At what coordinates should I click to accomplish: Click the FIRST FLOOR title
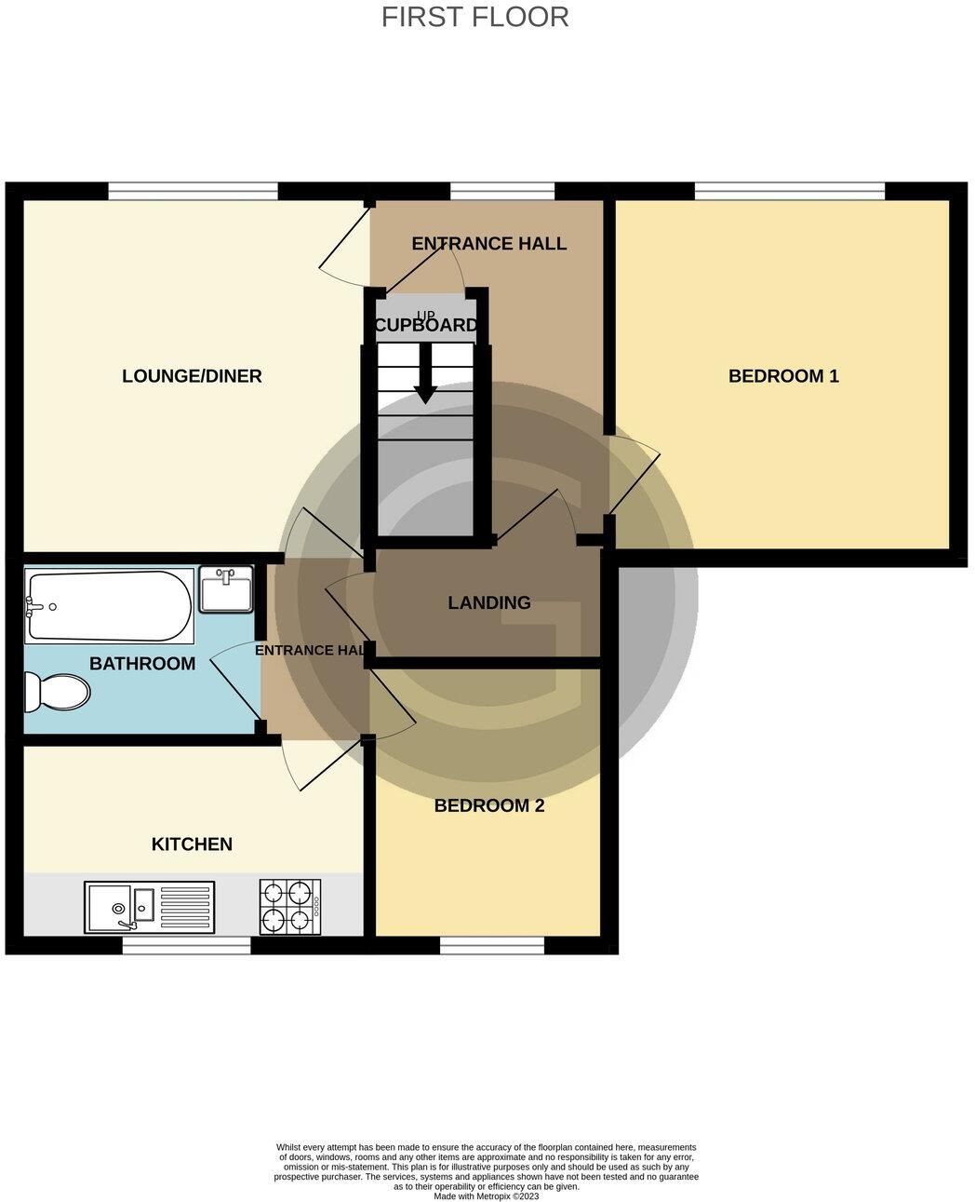pyautogui.click(x=474, y=17)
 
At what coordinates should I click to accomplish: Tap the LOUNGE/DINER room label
pyautogui.click(x=192, y=376)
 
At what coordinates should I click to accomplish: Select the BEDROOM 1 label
pyautogui.click(x=783, y=376)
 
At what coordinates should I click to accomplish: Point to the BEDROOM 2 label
pyautogui.click(x=488, y=805)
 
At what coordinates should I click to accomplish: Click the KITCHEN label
pyautogui.click(x=192, y=844)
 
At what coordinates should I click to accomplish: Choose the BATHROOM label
pyautogui.click(x=142, y=664)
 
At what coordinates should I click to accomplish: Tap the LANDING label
pyautogui.click(x=489, y=602)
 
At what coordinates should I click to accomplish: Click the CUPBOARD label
pyautogui.click(x=426, y=326)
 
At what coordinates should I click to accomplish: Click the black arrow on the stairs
pyautogui.click(x=426, y=374)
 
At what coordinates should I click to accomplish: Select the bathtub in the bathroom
pyautogui.click(x=110, y=606)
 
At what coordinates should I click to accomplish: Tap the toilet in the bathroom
pyautogui.click(x=58, y=692)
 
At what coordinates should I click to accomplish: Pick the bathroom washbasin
pyautogui.click(x=226, y=590)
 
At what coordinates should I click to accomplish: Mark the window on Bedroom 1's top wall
pyautogui.click(x=789, y=191)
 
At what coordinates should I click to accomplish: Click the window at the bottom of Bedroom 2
pyautogui.click(x=491, y=945)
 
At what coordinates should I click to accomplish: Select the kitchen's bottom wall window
pyautogui.click(x=186, y=945)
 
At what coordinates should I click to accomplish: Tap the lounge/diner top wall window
pyautogui.click(x=193, y=191)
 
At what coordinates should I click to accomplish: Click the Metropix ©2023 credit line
pyautogui.click(x=486, y=1196)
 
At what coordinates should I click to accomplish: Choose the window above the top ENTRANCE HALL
pyautogui.click(x=502, y=191)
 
